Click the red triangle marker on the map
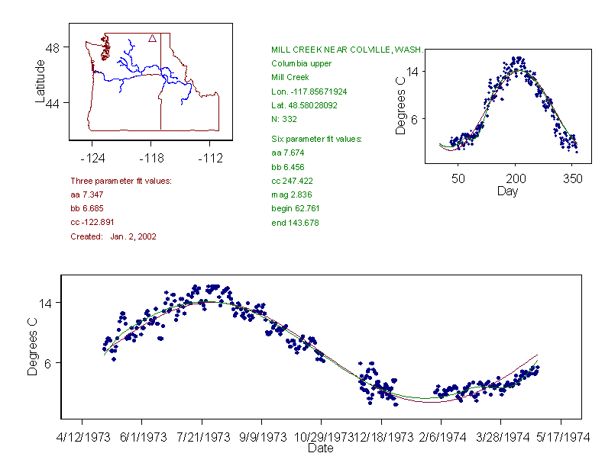153,37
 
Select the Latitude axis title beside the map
40,81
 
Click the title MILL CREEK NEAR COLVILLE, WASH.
347,50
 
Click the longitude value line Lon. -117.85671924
309,92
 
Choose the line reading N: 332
284,119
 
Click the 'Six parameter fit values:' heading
316,139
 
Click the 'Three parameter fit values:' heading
121,181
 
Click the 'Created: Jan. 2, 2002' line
113,237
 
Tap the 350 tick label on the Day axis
573,178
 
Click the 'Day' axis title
507,191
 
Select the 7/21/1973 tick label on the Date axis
202,438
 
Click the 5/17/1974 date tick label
561,438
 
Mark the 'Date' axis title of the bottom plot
320,449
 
